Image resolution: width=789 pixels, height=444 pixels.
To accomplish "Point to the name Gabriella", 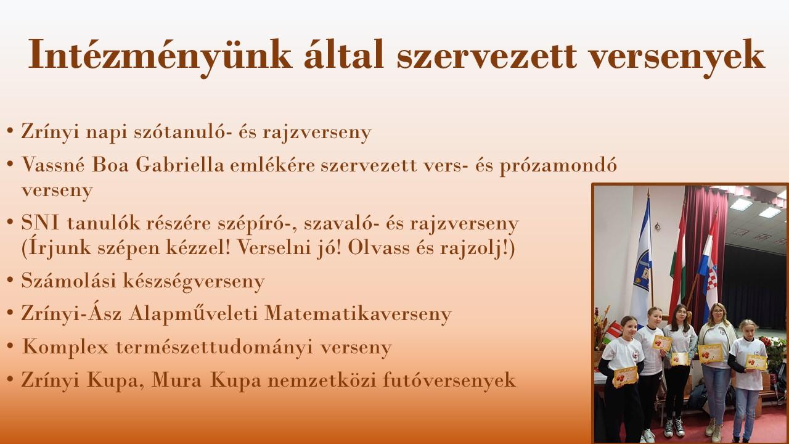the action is pyautogui.click(x=180, y=165).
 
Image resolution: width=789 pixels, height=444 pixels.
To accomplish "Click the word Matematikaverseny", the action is pyautogui.click(x=358, y=313).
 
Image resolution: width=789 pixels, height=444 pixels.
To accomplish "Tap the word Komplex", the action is pyautogui.click(x=65, y=347).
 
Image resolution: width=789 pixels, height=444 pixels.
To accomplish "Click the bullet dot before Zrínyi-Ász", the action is pyautogui.click(x=10, y=313).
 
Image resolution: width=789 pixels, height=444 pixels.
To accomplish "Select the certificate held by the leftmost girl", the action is pyautogui.click(x=626, y=377).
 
